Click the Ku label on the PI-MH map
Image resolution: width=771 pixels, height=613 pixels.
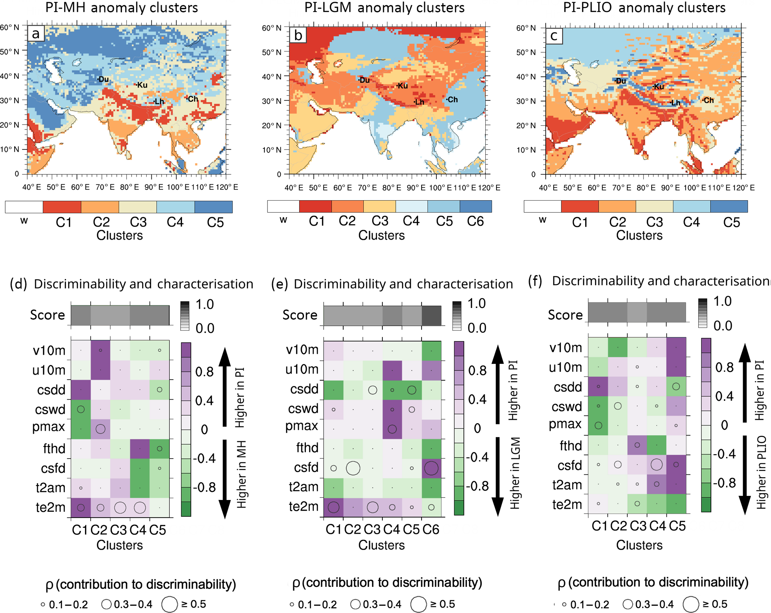142,85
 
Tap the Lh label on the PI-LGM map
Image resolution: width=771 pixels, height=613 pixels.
419,102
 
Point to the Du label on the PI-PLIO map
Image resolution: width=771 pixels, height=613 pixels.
621,81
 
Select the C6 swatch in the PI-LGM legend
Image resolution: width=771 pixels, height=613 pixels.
476,206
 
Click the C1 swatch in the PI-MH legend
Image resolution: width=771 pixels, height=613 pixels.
62,207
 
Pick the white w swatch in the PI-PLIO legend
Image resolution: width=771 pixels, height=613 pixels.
542,206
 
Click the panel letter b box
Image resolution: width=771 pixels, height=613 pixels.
298,35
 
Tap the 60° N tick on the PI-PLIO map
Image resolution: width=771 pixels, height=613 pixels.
526,28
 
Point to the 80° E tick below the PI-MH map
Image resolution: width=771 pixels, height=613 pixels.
129,187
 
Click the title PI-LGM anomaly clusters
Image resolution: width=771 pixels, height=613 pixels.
384,7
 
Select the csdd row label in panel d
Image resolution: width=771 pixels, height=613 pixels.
51,390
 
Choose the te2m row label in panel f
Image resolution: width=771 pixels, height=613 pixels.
567,504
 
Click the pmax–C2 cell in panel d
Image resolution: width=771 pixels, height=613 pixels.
100,429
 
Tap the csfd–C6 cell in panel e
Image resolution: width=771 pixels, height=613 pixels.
431,468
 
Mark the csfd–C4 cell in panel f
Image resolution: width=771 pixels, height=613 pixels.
656,465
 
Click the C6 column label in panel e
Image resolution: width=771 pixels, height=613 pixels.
431,529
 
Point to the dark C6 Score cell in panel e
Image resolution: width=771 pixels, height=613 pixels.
432,315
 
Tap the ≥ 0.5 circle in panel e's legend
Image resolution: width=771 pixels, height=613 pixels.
419,604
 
